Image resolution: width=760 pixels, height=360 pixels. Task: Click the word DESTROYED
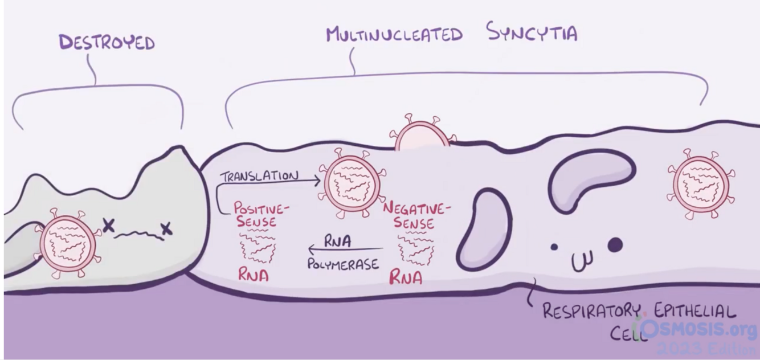pos(106,43)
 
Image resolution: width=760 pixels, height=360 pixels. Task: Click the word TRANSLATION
pos(259,175)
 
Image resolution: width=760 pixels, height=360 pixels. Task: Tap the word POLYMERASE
pos(343,265)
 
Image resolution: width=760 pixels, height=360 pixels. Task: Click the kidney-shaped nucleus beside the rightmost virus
pos(590,174)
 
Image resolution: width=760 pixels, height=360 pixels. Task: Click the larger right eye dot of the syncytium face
pos(615,245)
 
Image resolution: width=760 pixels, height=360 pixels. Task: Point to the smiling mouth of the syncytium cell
pos(582,260)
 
